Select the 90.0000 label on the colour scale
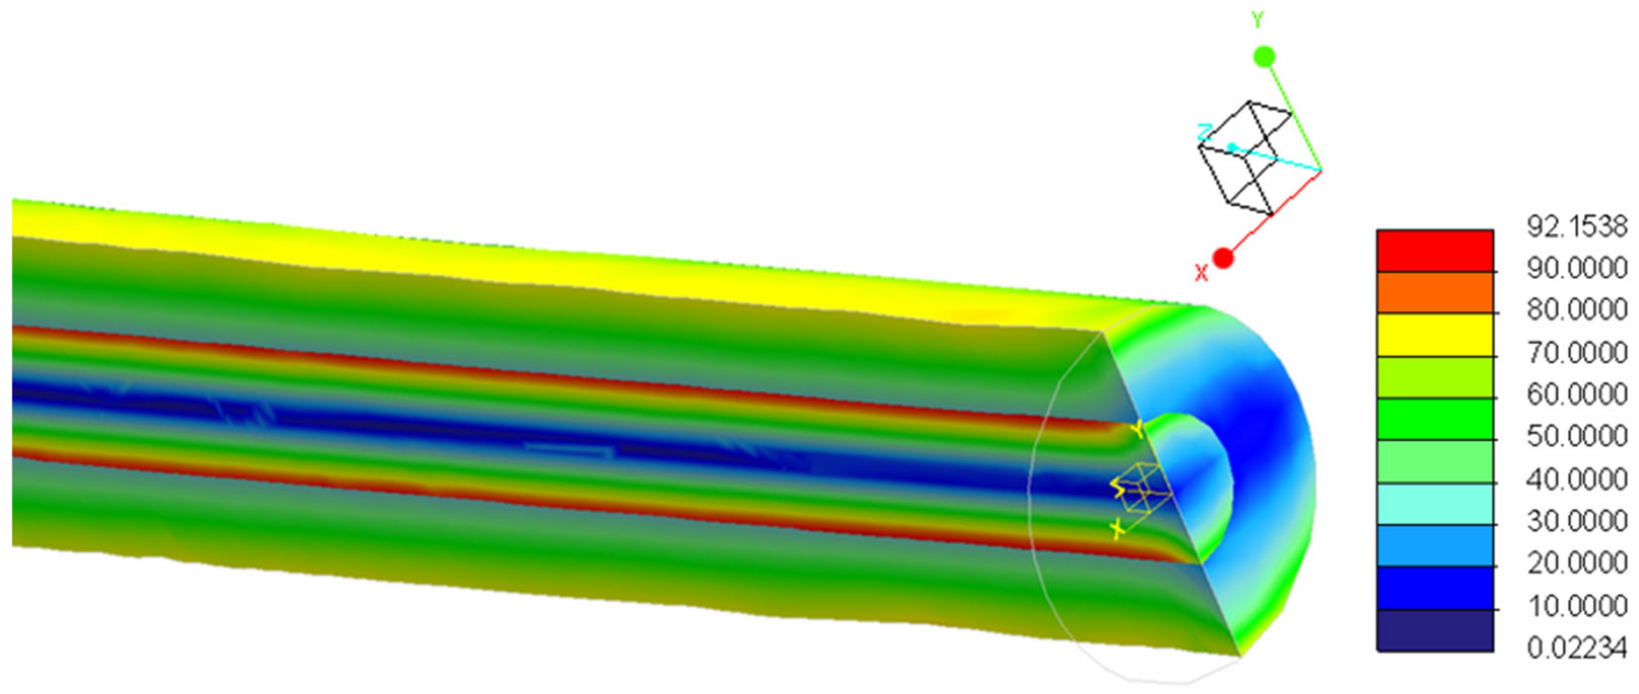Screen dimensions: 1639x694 (x=1577, y=269)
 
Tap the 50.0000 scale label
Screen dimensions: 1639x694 (x=1577, y=436)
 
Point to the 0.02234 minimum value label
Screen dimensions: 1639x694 (x=1577, y=648)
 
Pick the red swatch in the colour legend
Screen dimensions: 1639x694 (x=1435, y=251)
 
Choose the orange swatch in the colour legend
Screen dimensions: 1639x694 (x=1435, y=293)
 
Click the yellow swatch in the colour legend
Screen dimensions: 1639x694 (x=1435, y=335)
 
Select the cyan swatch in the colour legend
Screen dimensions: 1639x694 (x=1435, y=504)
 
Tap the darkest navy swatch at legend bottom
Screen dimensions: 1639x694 (x=1435, y=631)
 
